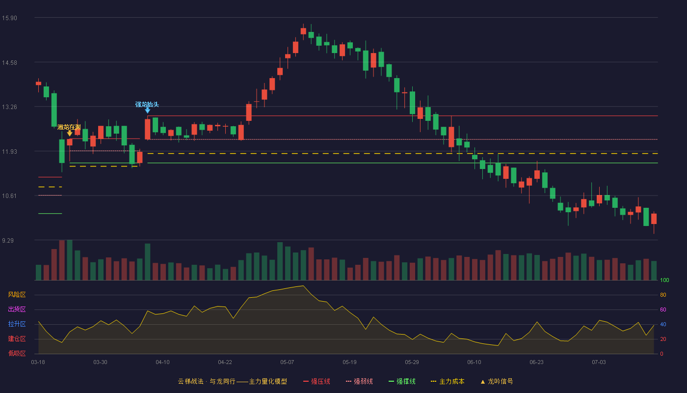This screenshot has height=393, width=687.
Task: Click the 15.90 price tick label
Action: [9, 18]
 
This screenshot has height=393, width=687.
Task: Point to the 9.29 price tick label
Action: [8, 240]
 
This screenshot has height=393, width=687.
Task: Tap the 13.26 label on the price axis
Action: [9, 107]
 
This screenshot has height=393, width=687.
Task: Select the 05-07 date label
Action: [287, 363]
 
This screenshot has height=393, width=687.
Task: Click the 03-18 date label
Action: [38, 363]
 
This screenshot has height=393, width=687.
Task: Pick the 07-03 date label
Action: [599, 363]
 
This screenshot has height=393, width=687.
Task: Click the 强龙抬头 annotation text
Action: [147, 104]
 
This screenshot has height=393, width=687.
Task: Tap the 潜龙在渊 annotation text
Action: [69, 127]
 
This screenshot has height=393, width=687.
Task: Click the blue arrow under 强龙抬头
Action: [148, 111]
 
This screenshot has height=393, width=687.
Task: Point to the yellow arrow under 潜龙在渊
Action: [70, 133]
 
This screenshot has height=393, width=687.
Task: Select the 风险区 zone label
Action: [17, 295]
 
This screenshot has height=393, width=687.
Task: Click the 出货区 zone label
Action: [17, 309]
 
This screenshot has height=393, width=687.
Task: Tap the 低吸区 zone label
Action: [17, 353]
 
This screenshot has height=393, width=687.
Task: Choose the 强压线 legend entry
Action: [317, 381]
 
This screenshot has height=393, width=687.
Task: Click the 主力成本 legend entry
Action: [448, 381]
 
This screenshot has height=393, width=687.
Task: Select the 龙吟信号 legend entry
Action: [497, 381]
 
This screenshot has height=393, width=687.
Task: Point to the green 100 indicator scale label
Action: [664, 280]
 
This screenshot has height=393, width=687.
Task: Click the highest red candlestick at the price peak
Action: [303, 31]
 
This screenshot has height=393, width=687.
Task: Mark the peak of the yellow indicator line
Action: [303, 286]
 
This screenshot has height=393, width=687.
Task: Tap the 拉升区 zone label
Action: [17, 324]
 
